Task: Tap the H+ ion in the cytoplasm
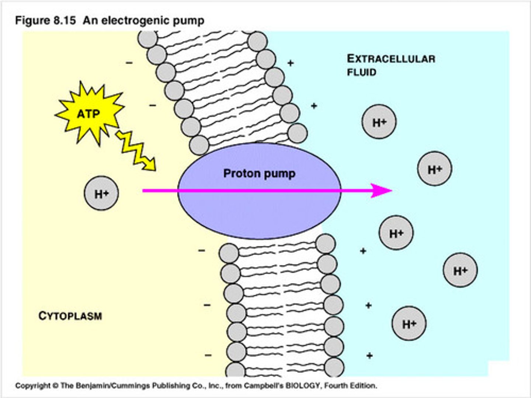coord(101,193)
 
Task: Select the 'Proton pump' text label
coord(259,173)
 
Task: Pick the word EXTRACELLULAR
coord(391,59)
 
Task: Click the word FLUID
coord(361,72)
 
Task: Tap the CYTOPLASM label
coord(70,316)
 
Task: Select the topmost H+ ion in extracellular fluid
coord(379,122)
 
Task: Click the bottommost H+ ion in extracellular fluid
coord(409,324)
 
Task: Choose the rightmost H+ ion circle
coord(460,270)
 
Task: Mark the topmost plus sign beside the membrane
coord(291,63)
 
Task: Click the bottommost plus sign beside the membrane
coord(369,356)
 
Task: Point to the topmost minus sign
coord(129,63)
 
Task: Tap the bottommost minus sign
coord(208,355)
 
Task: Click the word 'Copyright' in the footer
coord(32,386)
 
